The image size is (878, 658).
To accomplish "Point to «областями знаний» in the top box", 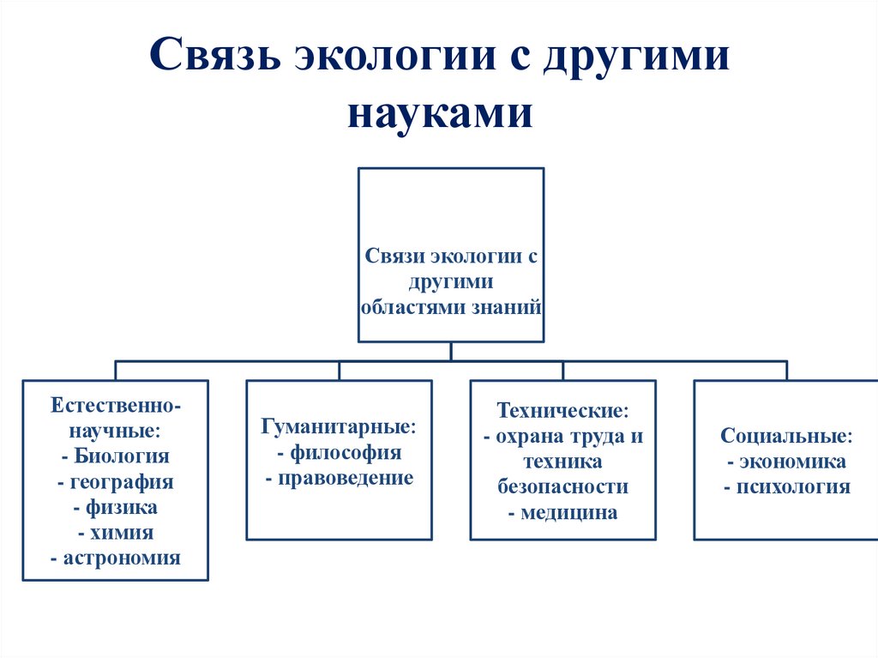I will coord(451,305).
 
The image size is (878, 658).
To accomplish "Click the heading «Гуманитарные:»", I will coord(339,426).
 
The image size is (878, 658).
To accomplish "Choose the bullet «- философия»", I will coord(339,452).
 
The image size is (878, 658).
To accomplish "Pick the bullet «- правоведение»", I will coord(339,478).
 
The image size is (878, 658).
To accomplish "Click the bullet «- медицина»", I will coord(562,513).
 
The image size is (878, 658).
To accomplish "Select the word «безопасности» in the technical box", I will coord(562,487).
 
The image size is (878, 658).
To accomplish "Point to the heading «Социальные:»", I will coord(786,436).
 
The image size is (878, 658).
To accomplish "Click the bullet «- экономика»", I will coord(786,462).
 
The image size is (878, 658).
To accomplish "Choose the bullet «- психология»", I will coord(786,487).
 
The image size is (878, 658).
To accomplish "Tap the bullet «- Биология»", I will coord(116,456).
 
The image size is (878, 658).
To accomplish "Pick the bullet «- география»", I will coord(116,481).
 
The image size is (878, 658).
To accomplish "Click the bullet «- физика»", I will coord(116,507).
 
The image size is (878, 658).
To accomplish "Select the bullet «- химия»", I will coord(116,533).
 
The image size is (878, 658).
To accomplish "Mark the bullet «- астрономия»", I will coord(116,558).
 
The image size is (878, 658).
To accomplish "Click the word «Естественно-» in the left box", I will coord(116,404).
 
